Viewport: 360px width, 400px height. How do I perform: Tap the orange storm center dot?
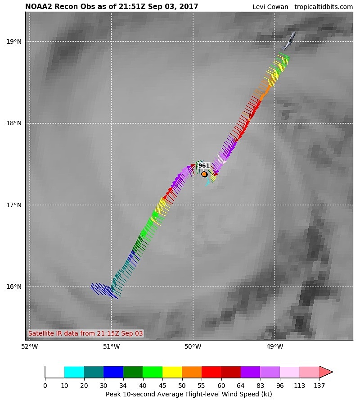point(204,174)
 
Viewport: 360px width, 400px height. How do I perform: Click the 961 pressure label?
point(204,166)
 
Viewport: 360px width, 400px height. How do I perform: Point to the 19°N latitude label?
point(14,41)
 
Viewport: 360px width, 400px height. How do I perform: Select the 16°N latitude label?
point(14,286)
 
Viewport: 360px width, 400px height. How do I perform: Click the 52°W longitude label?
point(30,346)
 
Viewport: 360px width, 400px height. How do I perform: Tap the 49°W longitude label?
point(274,346)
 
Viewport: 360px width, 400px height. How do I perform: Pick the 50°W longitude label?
point(193,346)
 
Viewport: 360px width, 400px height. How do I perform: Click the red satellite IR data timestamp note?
point(85,333)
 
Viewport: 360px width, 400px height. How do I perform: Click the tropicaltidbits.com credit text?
point(324,7)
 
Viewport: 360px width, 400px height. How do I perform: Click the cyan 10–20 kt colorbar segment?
point(74,372)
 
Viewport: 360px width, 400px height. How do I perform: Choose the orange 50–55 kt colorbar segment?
point(192,372)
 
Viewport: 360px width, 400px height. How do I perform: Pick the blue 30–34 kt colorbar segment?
point(113,372)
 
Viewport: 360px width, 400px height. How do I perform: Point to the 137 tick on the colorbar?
point(319,386)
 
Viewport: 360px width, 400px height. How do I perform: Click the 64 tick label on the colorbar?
point(241,386)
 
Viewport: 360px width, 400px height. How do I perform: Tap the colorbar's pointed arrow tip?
point(333,372)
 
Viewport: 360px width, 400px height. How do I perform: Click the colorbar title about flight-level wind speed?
point(189,394)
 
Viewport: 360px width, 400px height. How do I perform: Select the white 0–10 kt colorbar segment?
point(55,372)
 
